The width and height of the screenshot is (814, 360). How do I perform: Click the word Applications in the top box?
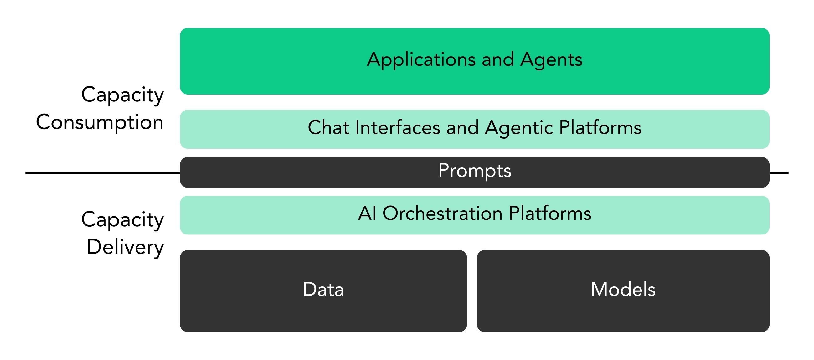click(421, 60)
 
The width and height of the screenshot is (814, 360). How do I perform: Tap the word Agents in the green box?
click(551, 60)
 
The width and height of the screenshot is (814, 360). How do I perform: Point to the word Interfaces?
click(398, 128)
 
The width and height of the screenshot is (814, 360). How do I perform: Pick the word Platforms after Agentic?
click(600, 128)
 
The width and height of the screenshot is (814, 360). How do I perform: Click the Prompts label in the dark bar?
click(475, 171)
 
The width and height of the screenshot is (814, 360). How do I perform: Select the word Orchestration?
click(442, 213)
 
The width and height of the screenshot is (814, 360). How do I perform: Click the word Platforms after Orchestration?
click(550, 213)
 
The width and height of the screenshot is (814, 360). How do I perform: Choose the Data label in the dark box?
click(323, 289)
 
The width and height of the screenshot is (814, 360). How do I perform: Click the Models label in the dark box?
click(623, 289)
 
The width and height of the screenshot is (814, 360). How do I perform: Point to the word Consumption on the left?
click(100, 122)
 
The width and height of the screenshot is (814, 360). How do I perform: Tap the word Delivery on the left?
click(125, 247)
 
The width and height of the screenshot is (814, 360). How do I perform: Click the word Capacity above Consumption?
click(122, 95)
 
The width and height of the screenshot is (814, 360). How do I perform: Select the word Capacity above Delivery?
click(122, 219)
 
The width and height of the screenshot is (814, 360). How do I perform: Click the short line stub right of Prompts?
click(779, 173)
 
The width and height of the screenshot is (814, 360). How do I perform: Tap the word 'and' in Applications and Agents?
click(498, 60)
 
